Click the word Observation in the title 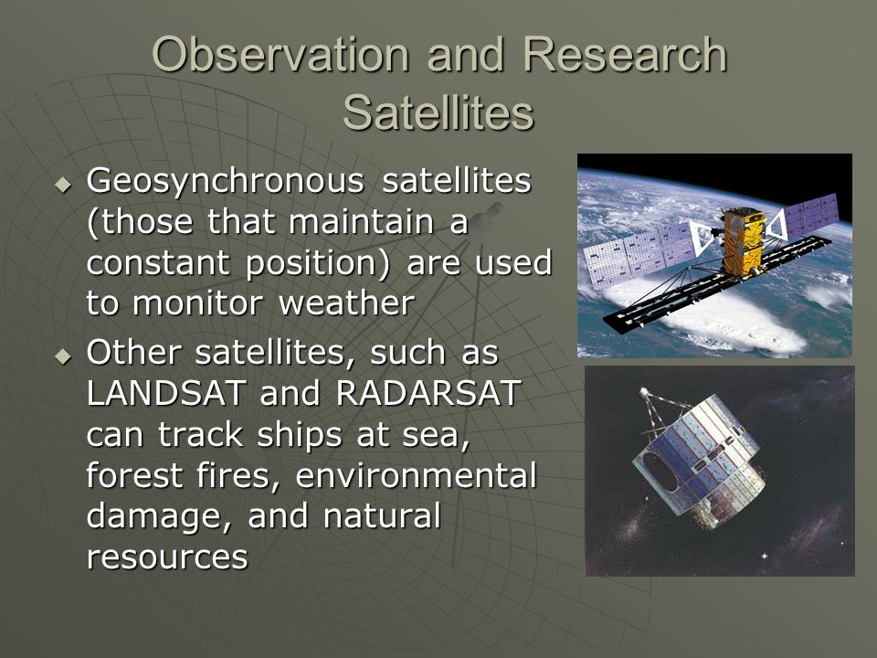280,54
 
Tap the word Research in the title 625,54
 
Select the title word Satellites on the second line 438,112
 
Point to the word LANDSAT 166,393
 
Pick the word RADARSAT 429,393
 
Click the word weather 347,303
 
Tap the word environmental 416,475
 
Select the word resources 167,557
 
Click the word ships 300,434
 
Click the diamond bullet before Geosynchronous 64,184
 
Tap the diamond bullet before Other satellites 64,356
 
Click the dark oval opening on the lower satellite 661,471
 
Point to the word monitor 197,303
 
